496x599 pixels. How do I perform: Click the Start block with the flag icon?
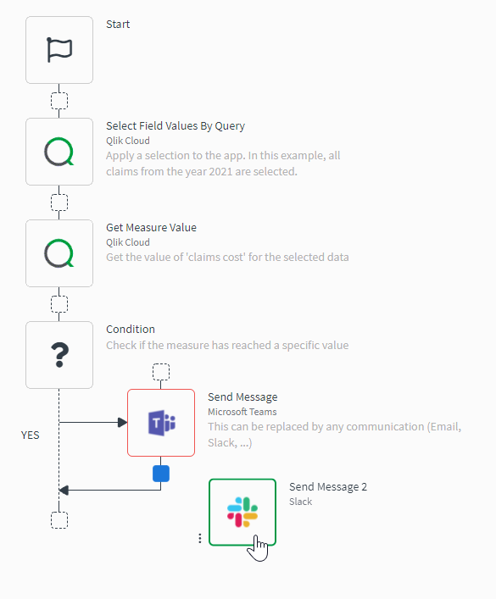click(59, 50)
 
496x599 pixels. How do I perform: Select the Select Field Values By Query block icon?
click(59, 152)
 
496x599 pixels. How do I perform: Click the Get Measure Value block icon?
click(59, 253)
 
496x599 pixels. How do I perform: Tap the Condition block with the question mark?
click(59, 355)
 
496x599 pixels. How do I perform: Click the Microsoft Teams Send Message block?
click(161, 423)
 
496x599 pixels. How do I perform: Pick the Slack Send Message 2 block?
click(242, 513)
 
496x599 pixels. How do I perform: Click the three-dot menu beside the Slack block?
click(199, 538)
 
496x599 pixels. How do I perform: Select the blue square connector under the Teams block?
click(161, 474)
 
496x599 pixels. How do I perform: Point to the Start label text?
click(118, 25)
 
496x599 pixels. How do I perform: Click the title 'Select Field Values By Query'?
click(175, 126)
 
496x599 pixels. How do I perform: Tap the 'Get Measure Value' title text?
click(151, 228)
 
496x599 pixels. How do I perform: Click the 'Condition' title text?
click(131, 330)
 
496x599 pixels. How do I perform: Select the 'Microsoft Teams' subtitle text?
click(242, 412)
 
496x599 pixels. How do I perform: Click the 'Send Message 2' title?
click(328, 487)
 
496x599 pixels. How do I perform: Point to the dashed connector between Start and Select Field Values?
click(59, 101)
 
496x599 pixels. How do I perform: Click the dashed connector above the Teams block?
click(161, 372)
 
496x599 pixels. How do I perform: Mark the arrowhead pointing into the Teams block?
click(122, 422)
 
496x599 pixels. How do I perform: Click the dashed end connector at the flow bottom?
click(59, 519)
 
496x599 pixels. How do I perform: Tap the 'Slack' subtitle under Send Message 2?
click(301, 502)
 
